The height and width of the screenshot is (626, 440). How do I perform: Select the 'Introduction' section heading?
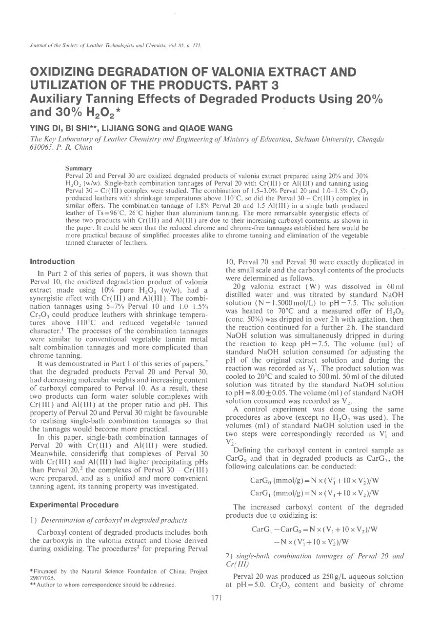click(53, 262)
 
